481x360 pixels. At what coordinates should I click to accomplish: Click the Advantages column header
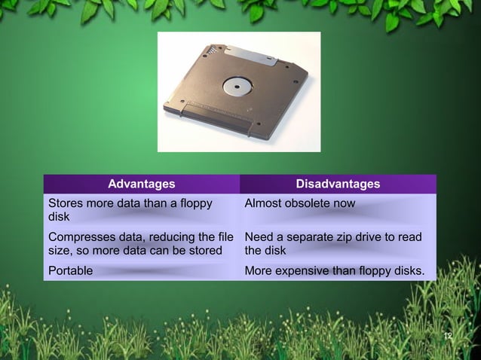point(141,184)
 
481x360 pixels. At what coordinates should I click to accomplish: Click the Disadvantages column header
point(338,184)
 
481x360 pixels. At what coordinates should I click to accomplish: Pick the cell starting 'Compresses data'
point(141,243)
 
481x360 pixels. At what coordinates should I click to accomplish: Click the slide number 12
point(448,335)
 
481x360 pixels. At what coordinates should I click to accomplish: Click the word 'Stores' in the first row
point(65,203)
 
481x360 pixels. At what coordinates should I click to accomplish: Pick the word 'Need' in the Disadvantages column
point(258,237)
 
